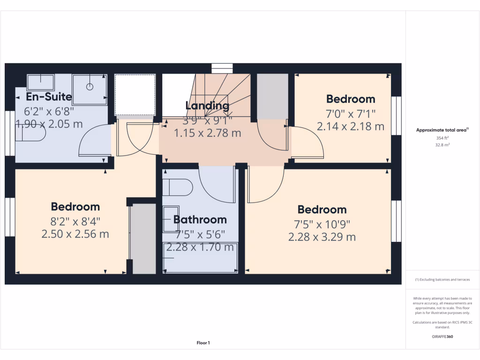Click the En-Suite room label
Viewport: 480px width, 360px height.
(49, 97)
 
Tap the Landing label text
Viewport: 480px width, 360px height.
(208, 105)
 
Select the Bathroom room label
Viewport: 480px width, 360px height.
(200, 219)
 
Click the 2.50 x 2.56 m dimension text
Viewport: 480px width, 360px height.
(75, 234)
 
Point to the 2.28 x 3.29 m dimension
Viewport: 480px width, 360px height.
(322, 237)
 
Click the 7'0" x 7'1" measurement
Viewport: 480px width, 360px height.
(351, 113)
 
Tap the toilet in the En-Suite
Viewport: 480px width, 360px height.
(30, 133)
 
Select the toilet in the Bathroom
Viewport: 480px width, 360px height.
(178, 188)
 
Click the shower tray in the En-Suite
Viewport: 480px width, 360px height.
(90, 89)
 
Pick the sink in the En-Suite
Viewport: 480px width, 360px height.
(40, 82)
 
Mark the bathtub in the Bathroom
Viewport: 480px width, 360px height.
(200, 257)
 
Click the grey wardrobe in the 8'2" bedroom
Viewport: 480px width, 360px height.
(142, 238)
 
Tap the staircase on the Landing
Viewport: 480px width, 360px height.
(225, 94)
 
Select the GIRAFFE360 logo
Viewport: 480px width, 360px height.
(442, 337)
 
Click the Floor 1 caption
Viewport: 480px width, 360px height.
(203, 343)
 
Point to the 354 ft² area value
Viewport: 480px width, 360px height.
(442, 138)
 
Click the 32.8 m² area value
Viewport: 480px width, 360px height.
(442, 145)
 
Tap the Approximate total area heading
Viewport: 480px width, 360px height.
(442, 130)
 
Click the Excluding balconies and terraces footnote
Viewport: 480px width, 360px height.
(442, 279)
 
